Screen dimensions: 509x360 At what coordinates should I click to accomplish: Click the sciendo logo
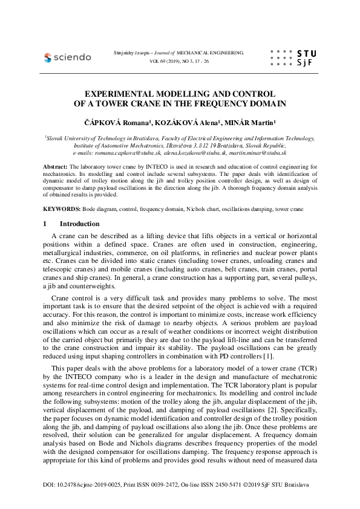(67, 57)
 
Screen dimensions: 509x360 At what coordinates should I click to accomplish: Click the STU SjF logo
(290, 57)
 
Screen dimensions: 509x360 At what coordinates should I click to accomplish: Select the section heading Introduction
(80, 224)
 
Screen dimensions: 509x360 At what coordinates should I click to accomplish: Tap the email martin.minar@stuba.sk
(261, 154)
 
